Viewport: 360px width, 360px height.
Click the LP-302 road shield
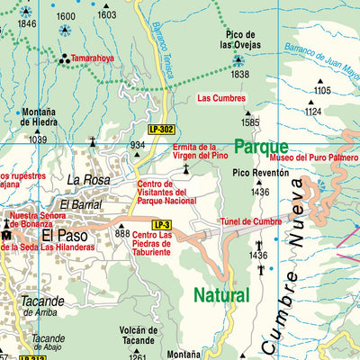click(x=161, y=130)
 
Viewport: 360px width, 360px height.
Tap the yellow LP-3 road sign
click(x=161, y=224)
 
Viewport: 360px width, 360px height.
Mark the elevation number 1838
click(x=239, y=75)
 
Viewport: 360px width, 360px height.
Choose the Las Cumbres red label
click(x=221, y=98)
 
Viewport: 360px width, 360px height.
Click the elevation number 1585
click(x=250, y=122)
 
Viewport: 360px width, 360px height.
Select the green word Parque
click(x=261, y=146)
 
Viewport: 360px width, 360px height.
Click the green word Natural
click(x=220, y=294)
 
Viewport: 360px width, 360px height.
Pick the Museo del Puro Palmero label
click(x=314, y=157)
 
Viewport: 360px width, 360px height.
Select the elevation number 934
click(x=137, y=145)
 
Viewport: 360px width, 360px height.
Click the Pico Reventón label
click(x=261, y=173)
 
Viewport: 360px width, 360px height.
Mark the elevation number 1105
click(x=322, y=91)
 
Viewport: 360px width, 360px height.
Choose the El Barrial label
click(x=80, y=204)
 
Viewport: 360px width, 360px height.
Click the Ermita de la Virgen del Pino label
click(x=195, y=150)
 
